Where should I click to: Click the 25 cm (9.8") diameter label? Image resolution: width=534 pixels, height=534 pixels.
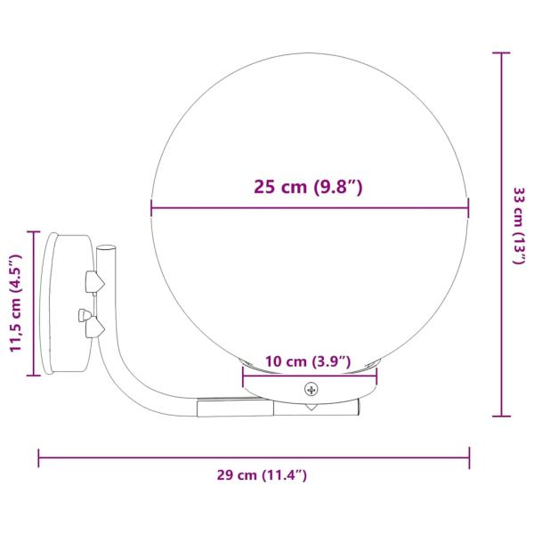click(310, 188)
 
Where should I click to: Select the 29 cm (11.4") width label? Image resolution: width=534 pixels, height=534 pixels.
click(262, 475)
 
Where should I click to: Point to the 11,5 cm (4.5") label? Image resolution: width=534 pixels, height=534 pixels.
click(15, 303)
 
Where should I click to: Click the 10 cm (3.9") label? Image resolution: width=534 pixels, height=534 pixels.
click(308, 361)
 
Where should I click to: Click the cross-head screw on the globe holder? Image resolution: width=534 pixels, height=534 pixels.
click(311, 389)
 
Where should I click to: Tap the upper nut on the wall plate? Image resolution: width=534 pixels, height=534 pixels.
click(93, 282)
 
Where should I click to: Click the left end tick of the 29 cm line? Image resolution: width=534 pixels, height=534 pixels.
click(38, 457)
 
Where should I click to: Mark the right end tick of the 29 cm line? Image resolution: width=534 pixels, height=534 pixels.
click(469, 457)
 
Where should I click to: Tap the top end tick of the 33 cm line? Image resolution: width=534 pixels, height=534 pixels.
click(501, 53)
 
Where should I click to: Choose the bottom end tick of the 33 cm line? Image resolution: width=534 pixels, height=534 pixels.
click(501, 415)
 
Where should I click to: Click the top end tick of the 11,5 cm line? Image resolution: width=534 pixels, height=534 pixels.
click(34, 232)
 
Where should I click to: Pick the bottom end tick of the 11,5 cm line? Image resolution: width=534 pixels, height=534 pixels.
click(34, 376)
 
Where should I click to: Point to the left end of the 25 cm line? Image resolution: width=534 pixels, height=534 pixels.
click(151, 210)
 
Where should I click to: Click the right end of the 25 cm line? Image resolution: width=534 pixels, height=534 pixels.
click(468, 210)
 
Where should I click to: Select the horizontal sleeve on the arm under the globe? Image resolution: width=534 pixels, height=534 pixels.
click(233, 408)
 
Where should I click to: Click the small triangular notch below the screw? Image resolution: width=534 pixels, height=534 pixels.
click(311, 407)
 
